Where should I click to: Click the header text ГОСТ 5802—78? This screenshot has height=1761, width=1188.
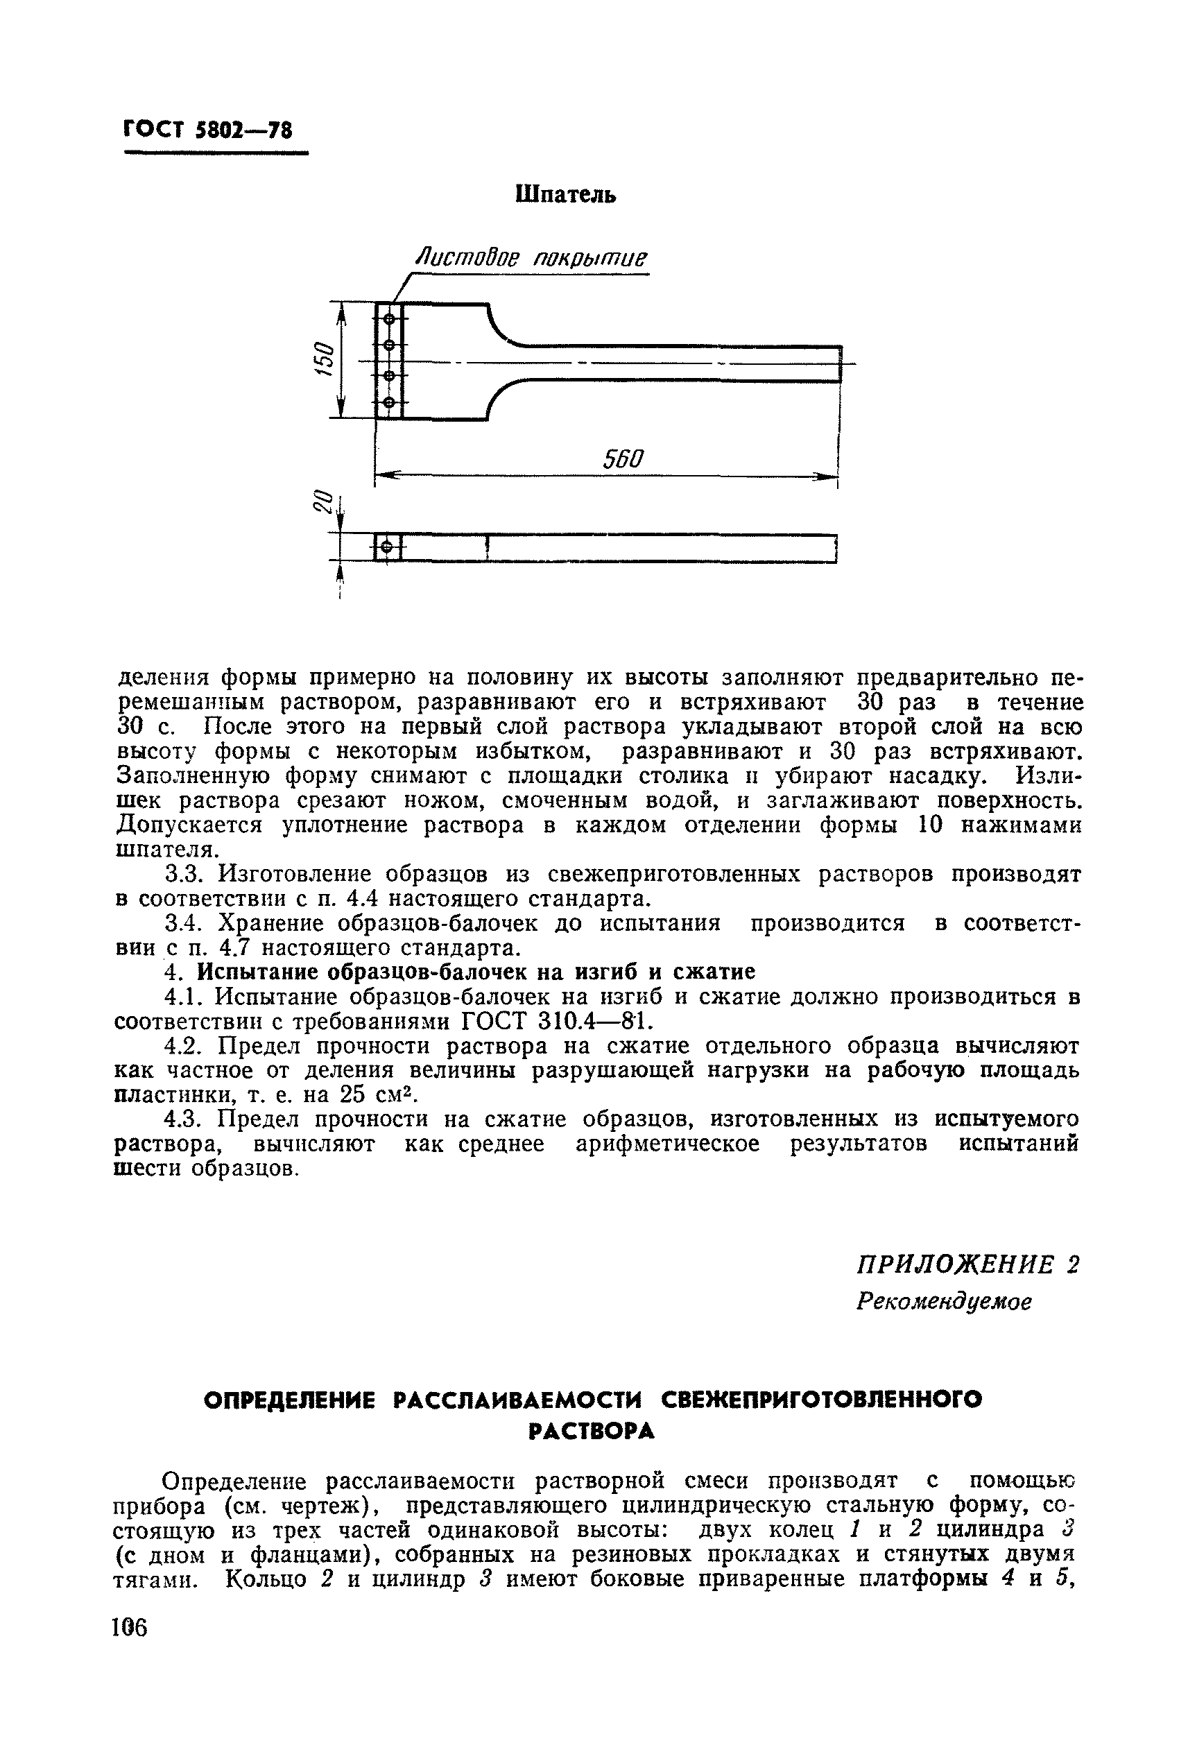(207, 130)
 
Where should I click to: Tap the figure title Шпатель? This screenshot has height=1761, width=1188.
(565, 195)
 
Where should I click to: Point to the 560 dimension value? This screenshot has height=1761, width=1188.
(623, 458)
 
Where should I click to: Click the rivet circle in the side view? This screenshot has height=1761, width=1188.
(388, 547)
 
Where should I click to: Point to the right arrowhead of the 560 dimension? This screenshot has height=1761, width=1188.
(826, 476)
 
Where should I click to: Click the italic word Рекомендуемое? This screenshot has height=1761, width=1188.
(944, 1302)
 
